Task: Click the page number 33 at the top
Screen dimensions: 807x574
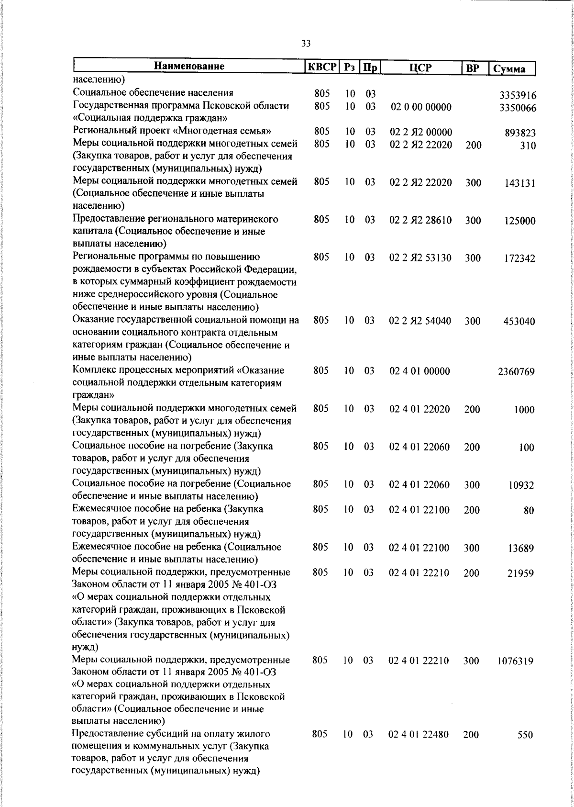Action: point(306,44)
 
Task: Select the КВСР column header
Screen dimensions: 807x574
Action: point(322,67)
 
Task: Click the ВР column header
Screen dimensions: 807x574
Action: point(473,68)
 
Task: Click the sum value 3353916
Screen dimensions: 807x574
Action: point(518,95)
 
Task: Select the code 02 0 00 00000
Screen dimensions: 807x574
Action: point(421,107)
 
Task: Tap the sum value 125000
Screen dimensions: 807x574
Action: point(519,221)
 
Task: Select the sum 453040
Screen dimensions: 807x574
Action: point(519,321)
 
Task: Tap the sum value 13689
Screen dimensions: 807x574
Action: point(520,549)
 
